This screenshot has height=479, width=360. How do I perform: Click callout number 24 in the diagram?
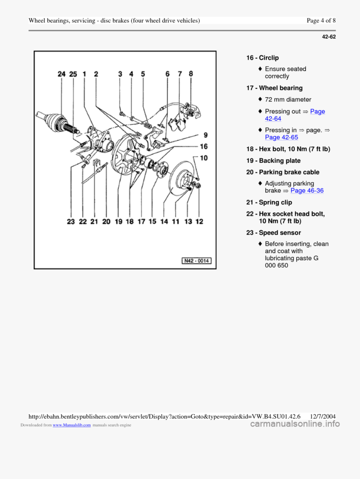(62, 74)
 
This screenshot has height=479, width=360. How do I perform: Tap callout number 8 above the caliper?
(191, 74)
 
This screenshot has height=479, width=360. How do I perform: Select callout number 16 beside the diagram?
(204, 147)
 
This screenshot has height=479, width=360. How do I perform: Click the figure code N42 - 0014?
(196, 261)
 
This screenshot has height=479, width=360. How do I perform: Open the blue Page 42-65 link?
(281, 137)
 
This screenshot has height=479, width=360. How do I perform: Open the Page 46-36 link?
(307, 190)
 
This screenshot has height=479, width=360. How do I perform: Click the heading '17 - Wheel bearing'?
(274, 88)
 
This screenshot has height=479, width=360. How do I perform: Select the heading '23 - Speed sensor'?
(274, 232)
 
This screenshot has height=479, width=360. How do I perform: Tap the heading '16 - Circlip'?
(262, 58)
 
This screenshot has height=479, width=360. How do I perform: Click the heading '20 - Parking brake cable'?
(283, 172)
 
